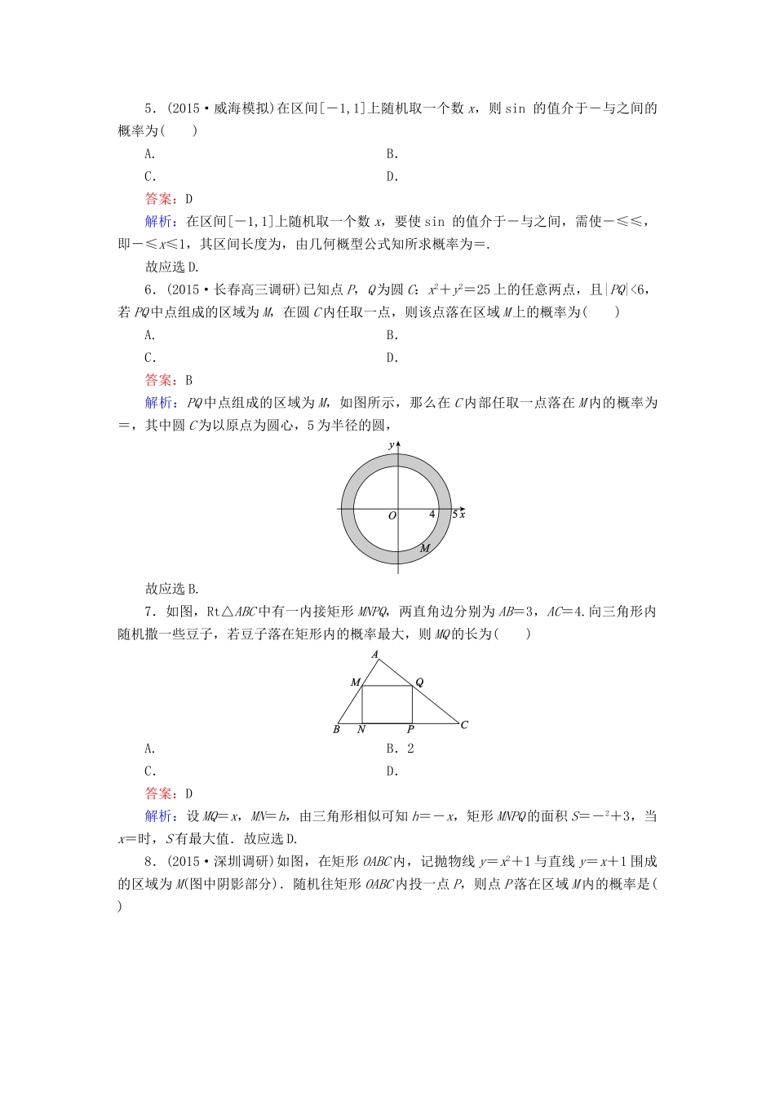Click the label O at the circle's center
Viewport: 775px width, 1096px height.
pos(392,515)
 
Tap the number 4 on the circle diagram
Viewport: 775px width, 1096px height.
pos(432,515)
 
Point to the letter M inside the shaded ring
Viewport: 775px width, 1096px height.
pos(424,549)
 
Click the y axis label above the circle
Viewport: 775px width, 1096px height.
pos(392,444)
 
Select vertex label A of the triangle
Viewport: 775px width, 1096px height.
pos(375,655)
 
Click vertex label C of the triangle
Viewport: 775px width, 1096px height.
pos(464,724)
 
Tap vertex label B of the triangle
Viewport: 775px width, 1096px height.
pos(336,729)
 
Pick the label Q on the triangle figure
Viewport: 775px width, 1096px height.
pos(419,682)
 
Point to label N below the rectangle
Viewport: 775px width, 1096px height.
pos(361,730)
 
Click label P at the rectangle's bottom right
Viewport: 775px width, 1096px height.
pos(410,730)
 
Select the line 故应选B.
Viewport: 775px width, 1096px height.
pos(172,589)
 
